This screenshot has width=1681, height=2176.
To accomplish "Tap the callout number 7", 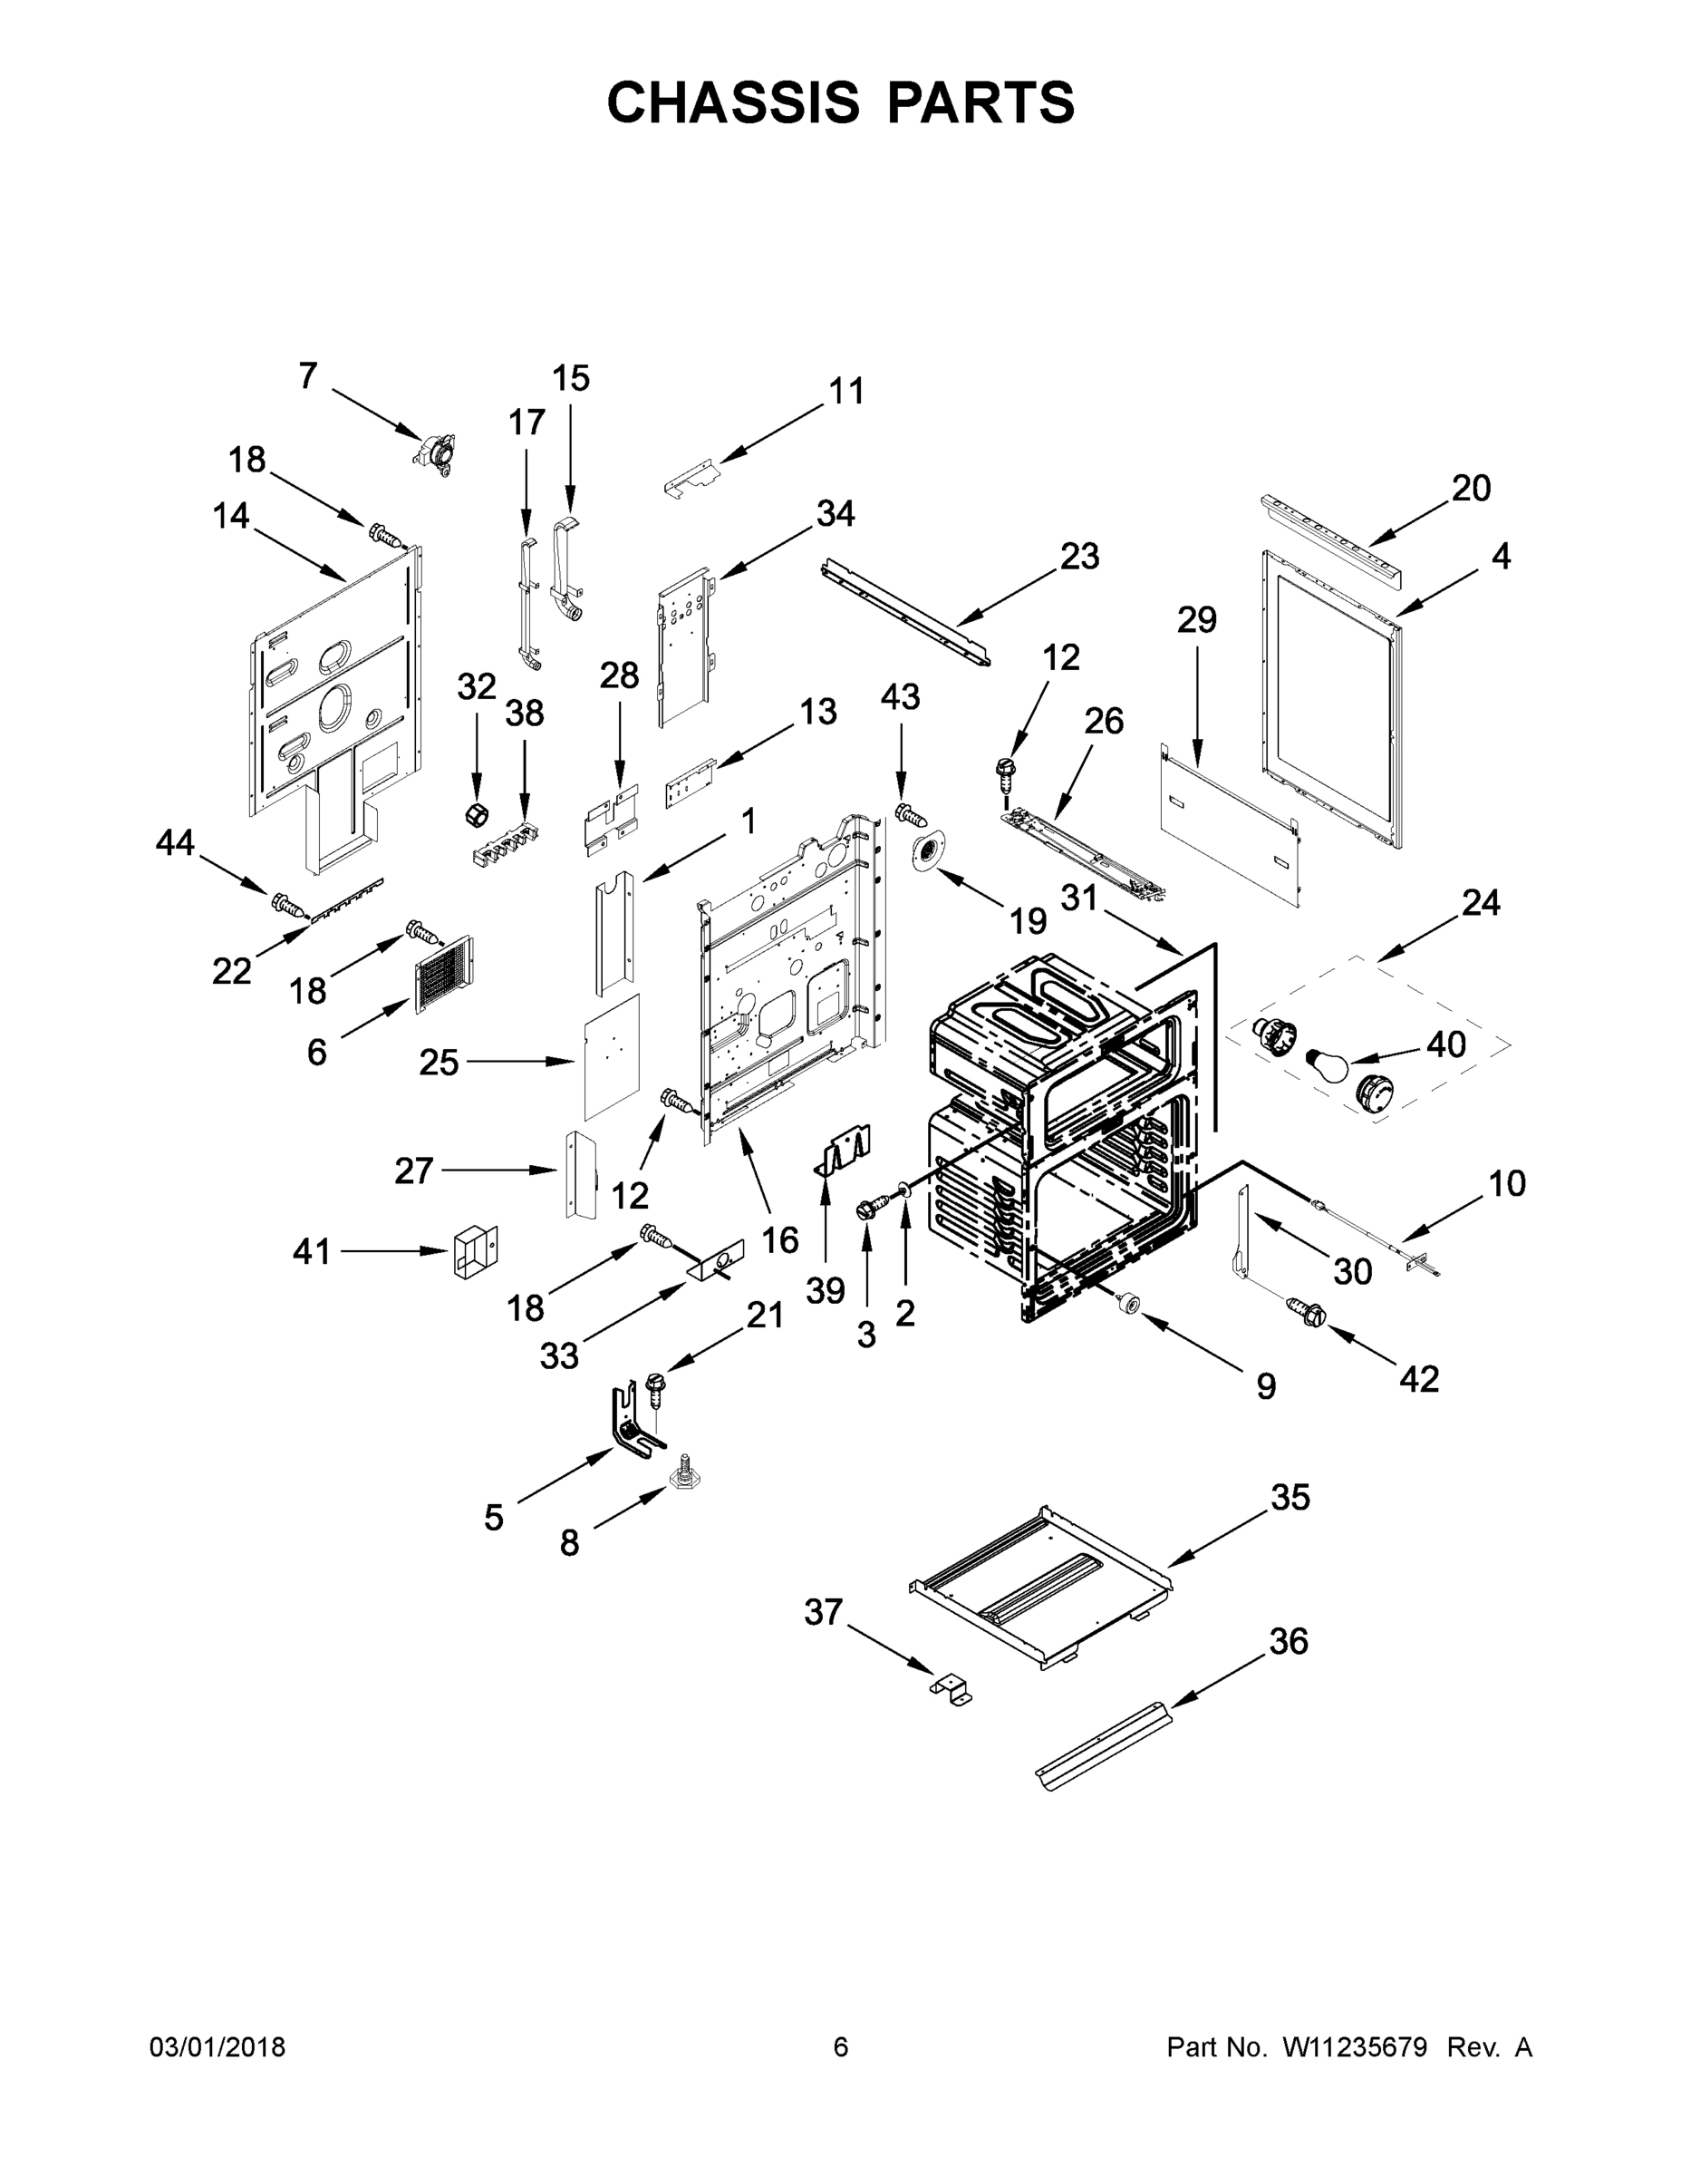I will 308,376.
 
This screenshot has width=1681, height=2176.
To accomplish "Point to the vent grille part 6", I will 443,975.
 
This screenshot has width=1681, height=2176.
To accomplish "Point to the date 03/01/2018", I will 217,2046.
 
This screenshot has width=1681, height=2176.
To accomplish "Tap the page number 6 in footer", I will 841,2046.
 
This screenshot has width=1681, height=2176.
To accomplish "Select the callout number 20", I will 1471,488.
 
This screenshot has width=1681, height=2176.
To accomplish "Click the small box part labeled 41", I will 475,1251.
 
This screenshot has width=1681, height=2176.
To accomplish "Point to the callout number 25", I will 439,1064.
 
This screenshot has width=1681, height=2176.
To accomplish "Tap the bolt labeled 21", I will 656,1387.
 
